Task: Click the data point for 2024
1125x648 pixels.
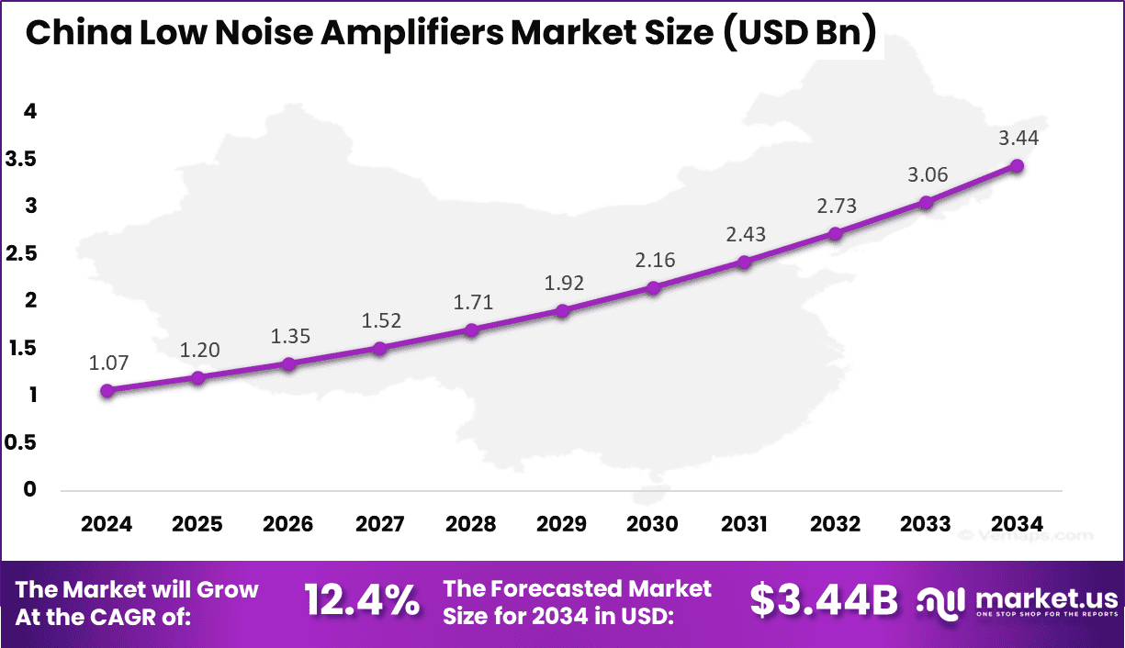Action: point(107,390)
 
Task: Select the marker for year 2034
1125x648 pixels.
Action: point(1017,166)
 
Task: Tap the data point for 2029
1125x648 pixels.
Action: point(562,310)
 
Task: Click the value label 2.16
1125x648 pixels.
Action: point(655,260)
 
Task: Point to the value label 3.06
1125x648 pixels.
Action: point(928,174)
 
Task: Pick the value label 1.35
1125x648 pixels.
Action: point(290,336)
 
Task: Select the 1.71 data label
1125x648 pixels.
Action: point(473,301)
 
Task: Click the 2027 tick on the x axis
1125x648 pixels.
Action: point(379,524)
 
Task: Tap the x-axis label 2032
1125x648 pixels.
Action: point(835,524)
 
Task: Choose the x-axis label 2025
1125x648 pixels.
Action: point(197,524)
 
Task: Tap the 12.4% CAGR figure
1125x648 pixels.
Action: point(362,602)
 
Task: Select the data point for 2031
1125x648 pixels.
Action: point(744,263)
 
